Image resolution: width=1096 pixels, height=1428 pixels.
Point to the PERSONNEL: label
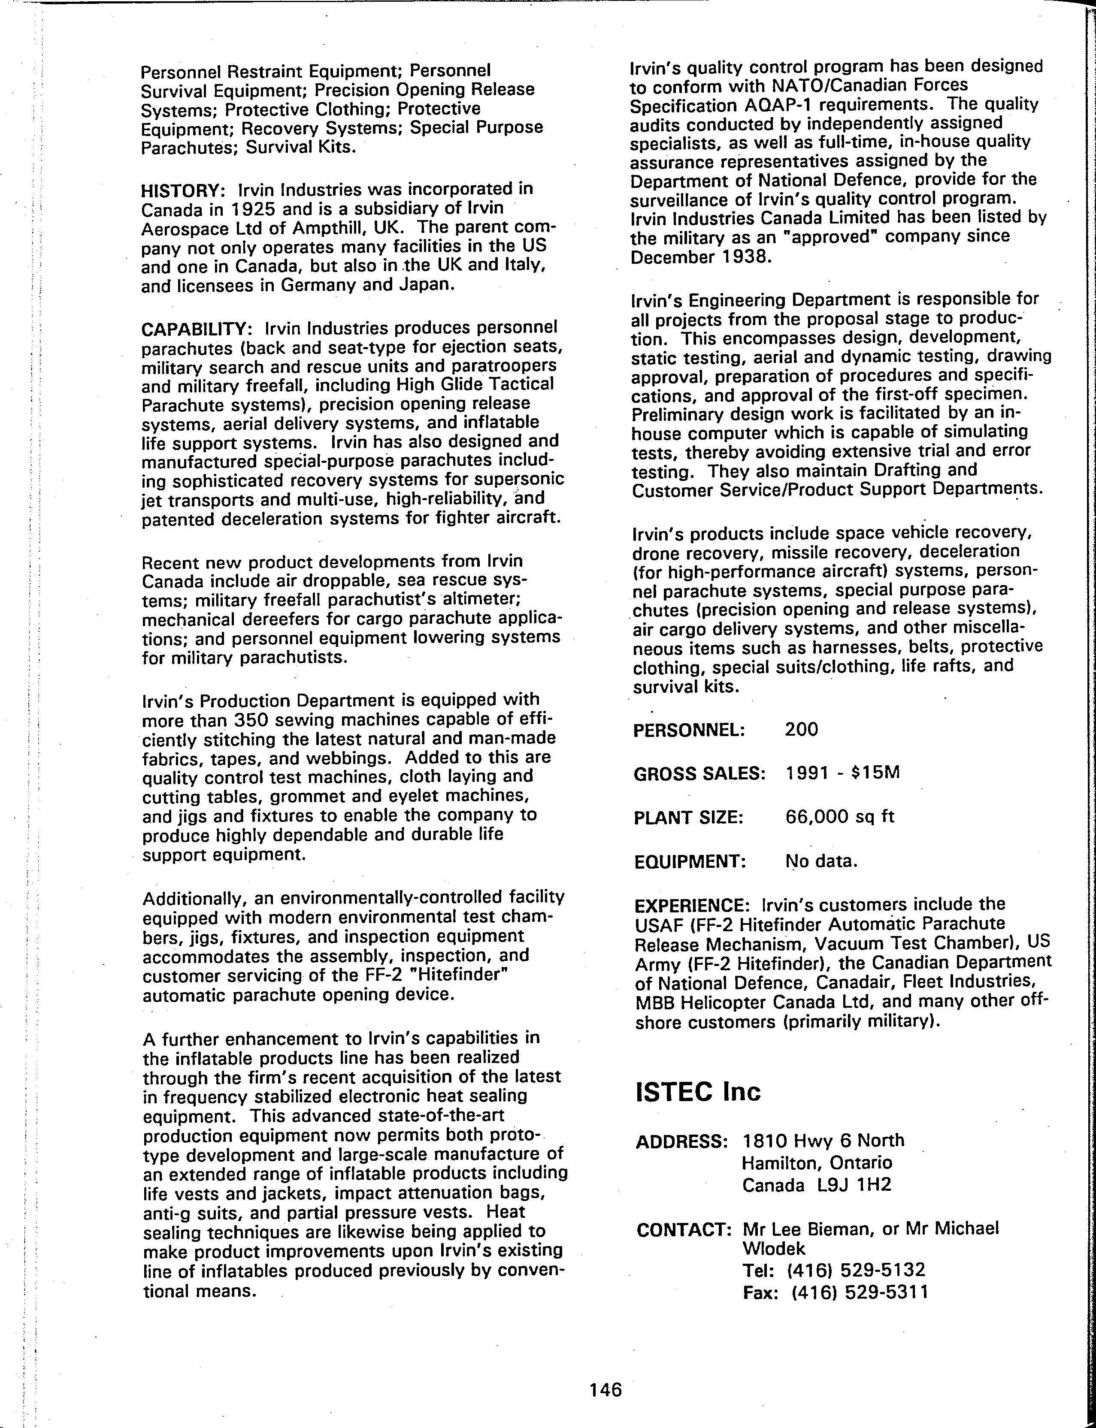tap(689, 730)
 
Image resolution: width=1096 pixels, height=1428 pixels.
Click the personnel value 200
tap(801, 729)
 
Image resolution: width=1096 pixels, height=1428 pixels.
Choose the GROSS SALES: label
tap(699, 774)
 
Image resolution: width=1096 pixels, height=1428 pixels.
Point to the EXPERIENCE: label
tap(692, 906)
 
